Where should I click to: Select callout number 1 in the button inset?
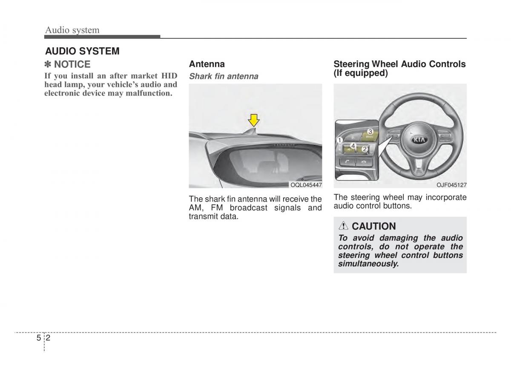tap(340, 140)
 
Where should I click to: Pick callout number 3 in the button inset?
tap(370, 132)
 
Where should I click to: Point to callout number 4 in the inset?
tap(353, 146)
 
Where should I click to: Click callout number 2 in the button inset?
tap(365, 149)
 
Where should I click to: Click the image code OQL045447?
tap(306, 185)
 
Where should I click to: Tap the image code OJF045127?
tap(451, 185)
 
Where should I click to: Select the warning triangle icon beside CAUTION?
tap(344, 226)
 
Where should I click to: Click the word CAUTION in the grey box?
tap(374, 226)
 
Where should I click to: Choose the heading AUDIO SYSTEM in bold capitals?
tap(82, 51)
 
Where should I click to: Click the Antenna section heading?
tap(207, 64)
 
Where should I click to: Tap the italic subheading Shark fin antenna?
tap(224, 76)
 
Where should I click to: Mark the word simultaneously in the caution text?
tap(368, 264)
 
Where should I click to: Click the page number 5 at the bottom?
tap(39, 338)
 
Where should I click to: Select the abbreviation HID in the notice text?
tap(169, 75)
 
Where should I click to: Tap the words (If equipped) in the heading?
tap(361, 73)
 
